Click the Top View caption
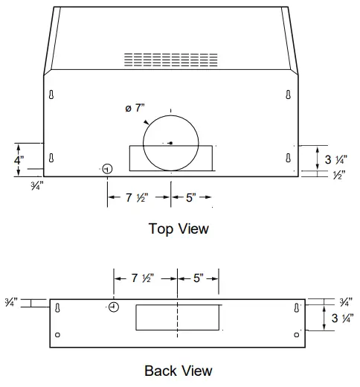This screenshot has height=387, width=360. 179,228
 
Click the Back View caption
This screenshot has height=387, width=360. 179,371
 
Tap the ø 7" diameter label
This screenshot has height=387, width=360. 135,109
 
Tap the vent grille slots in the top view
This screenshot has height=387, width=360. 170,60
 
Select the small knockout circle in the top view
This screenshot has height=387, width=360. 107,170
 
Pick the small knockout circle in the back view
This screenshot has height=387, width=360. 114,307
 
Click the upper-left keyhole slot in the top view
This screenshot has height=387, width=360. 51,95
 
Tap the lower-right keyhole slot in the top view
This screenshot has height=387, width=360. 288,157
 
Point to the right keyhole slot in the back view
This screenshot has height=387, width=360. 297,307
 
